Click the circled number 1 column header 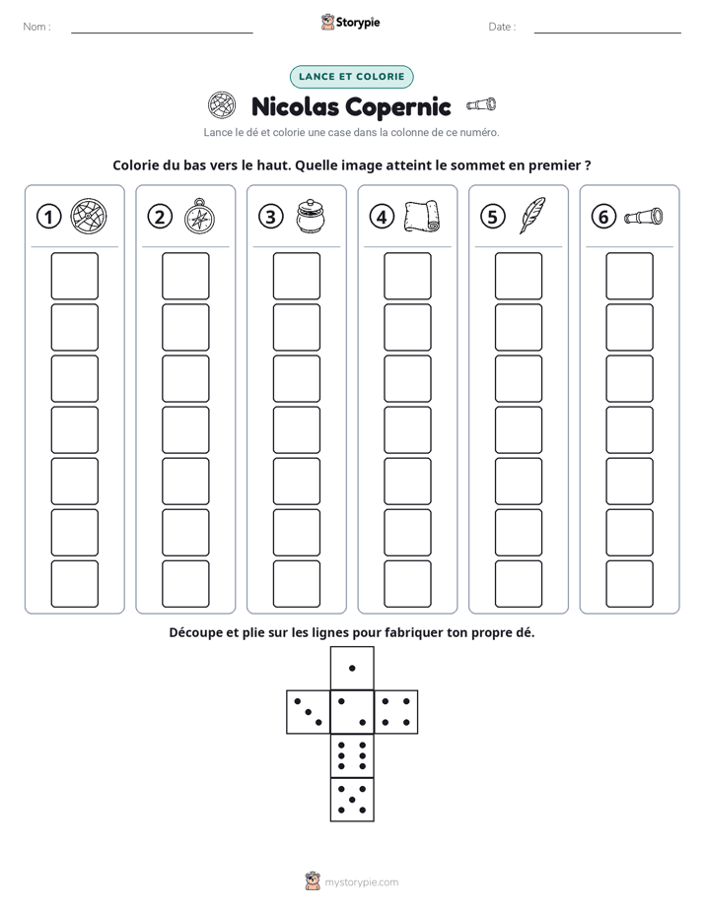tap(48, 217)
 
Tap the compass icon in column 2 tap(199, 216)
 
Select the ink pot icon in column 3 tap(311, 217)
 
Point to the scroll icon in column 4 tap(422, 217)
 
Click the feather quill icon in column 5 tap(532, 216)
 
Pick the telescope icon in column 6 tap(644, 217)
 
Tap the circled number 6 tap(603, 217)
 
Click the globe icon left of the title tap(222, 105)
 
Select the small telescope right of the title tap(481, 105)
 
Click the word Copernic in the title tap(399, 107)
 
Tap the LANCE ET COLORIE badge tap(351, 77)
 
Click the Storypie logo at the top tap(350, 22)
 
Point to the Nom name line tap(162, 33)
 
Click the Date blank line tap(607, 33)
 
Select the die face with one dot tap(352, 668)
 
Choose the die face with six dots tap(352, 755)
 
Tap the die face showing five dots tap(352, 800)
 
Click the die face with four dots tap(396, 712)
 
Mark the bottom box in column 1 tap(74, 583)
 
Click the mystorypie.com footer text tap(361, 882)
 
